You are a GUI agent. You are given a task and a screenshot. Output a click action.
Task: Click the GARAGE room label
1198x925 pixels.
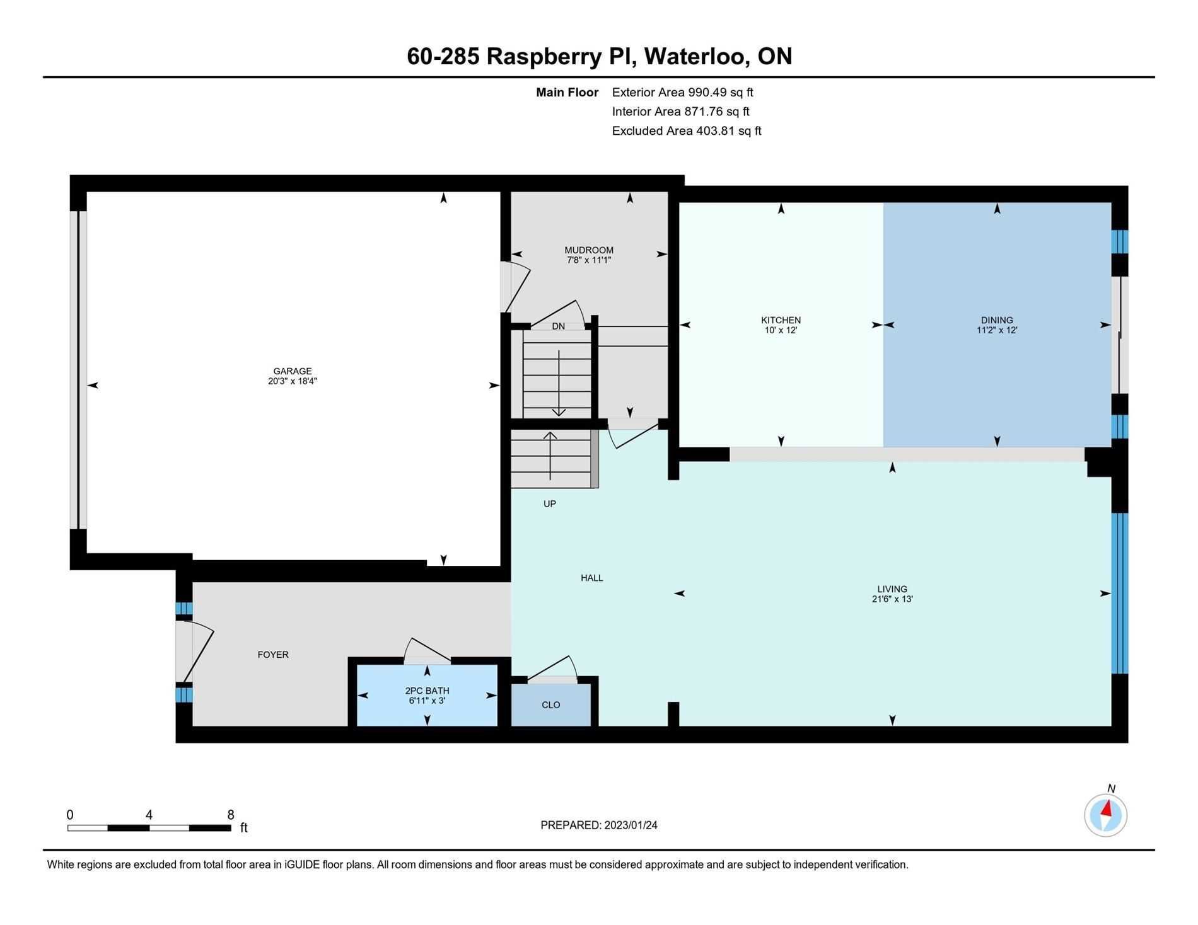[x=292, y=371]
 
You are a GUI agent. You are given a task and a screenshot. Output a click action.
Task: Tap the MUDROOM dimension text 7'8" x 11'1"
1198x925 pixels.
[x=589, y=260]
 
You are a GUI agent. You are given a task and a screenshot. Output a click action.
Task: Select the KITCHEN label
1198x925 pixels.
[x=781, y=320]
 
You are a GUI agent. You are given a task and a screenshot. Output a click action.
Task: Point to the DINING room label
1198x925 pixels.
[x=997, y=320]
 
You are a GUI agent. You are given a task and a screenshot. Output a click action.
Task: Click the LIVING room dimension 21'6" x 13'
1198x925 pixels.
[x=892, y=599]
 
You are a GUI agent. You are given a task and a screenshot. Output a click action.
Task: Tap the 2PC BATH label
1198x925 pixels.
[x=427, y=691]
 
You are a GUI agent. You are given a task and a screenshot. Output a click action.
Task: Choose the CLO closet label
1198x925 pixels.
[x=550, y=705]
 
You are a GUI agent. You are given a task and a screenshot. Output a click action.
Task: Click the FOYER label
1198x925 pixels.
[x=273, y=655]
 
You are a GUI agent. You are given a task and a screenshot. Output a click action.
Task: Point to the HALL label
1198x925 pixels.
[x=591, y=578]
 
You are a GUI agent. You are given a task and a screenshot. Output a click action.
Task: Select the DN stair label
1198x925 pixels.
[x=558, y=326]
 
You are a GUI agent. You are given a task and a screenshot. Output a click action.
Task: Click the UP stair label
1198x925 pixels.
[x=549, y=504]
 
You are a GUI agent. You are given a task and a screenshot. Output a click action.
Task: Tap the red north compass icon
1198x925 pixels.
[x=1105, y=815]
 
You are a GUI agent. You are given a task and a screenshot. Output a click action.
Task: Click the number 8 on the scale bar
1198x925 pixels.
[x=231, y=815]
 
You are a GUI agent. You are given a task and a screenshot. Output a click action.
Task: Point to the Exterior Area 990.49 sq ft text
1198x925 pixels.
[x=682, y=93]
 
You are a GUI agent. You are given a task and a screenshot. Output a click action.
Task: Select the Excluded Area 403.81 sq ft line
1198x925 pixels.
[x=687, y=131]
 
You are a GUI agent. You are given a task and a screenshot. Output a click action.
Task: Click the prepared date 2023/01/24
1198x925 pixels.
[x=631, y=825]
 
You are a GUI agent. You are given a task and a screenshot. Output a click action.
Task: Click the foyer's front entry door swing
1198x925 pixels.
[x=195, y=652]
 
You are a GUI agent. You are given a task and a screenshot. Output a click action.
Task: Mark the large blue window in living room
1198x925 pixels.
[x=1119, y=594]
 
